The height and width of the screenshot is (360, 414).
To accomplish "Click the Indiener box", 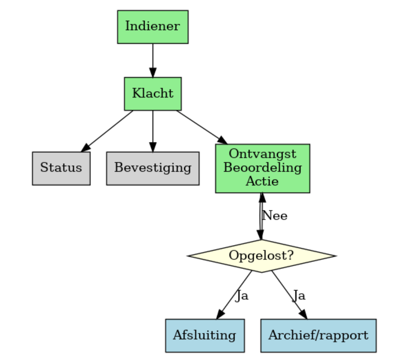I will pyautogui.click(x=153, y=27).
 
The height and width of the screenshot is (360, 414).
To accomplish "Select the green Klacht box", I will pyautogui.click(x=153, y=94).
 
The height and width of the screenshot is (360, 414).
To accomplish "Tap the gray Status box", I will pyautogui.click(x=61, y=168).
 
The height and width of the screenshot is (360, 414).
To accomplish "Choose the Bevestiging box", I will pyautogui.click(x=153, y=168).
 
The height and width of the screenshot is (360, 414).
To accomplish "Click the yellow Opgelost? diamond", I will pyautogui.click(x=261, y=256).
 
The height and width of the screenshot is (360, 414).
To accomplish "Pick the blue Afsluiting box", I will pyautogui.click(x=204, y=335).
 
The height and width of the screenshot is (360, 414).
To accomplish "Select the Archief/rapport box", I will pyautogui.click(x=318, y=335).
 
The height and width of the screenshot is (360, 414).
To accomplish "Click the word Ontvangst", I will pyautogui.click(x=262, y=153).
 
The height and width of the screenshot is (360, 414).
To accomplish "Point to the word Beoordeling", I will pyautogui.click(x=262, y=168).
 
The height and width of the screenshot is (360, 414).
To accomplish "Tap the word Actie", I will pyautogui.click(x=262, y=181).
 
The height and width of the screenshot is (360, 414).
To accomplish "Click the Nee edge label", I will pyautogui.click(x=275, y=216).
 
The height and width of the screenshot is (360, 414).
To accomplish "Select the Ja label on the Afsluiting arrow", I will pyautogui.click(x=242, y=295).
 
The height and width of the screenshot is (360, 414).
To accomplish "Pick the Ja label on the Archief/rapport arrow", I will pyautogui.click(x=299, y=295).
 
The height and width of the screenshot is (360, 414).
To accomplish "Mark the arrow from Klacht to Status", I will pyautogui.click(x=108, y=131).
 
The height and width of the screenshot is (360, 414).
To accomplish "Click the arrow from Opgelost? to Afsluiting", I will pyautogui.click(x=234, y=294).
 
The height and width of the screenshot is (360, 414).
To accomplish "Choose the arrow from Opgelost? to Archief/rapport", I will pyautogui.click(x=289, y=294).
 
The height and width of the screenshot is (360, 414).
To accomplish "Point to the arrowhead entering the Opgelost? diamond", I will pyautogui.click(x=261, y=234).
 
